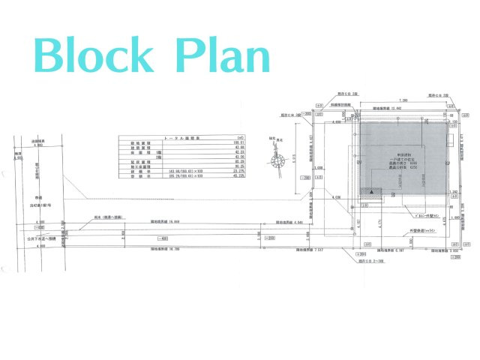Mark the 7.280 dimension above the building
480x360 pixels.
click(x=403, y=99)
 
